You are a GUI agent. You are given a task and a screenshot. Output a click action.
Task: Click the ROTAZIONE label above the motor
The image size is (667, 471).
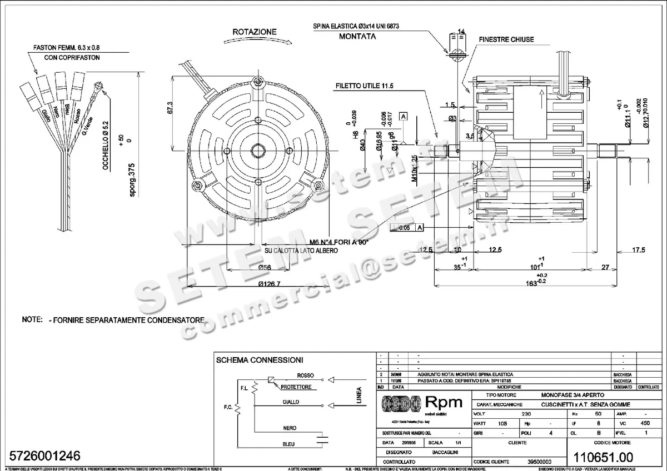[x=254, y=32]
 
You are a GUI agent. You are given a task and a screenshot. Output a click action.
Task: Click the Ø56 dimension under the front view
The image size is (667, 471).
[x=265, y=267]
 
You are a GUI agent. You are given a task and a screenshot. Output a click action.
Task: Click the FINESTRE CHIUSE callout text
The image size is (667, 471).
[x=506, y=39]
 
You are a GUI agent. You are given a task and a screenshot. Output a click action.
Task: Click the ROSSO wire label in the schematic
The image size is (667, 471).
[x=306, y=374]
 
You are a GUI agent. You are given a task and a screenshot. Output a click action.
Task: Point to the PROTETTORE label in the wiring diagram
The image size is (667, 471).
[x=296, y=387]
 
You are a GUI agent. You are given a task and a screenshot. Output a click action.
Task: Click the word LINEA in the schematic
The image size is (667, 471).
[x=359, y=396]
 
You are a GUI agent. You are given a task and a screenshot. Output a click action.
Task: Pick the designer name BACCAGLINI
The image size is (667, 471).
[x=445, y=452]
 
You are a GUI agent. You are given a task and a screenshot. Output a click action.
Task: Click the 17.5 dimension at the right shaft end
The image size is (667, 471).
[x=639, y=250]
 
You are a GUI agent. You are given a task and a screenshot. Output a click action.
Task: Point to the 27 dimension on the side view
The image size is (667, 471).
[x=606, y=267]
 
